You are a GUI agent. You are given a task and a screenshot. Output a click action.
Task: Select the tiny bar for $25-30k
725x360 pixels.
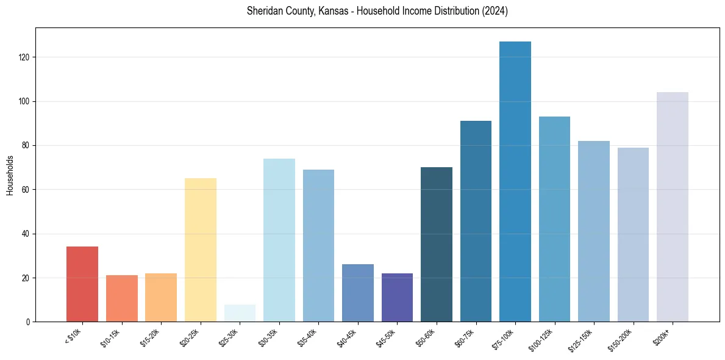point(240,313)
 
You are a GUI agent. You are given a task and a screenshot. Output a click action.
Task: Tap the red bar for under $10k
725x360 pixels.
point(82,284)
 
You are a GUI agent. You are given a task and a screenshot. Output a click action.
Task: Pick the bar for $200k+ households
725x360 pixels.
point(672,207)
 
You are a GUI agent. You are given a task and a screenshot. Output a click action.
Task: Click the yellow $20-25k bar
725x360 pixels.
point(200,250)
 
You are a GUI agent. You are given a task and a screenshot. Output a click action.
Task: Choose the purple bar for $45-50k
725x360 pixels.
point(397,298)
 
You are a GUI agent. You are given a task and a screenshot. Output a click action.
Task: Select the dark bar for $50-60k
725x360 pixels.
point(436,245)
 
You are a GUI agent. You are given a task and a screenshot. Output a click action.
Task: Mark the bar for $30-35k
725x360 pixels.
point(279,240)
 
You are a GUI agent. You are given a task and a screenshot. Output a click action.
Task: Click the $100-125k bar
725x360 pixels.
point(554,219)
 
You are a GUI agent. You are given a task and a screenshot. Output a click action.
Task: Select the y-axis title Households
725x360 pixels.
point(10,175)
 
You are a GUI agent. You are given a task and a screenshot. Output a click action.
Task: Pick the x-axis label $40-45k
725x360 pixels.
point(346,337)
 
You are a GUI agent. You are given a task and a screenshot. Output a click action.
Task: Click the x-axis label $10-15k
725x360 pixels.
point(110,337)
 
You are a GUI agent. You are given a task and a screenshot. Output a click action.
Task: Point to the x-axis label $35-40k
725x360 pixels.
point(307,337)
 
